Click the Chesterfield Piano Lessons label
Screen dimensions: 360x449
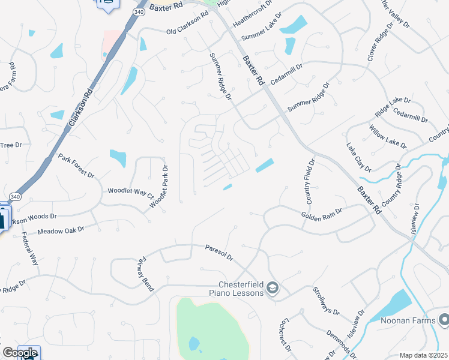[237, 289]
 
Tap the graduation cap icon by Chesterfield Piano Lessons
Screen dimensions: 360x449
[273, 289]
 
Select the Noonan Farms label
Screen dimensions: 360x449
[408, 320]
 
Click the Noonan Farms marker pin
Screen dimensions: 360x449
[443, 320]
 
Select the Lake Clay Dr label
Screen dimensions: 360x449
[359, 157]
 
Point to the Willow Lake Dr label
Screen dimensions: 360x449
[388, 137]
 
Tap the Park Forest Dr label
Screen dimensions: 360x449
[76, 166]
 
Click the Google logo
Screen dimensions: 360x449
[20, 353]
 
